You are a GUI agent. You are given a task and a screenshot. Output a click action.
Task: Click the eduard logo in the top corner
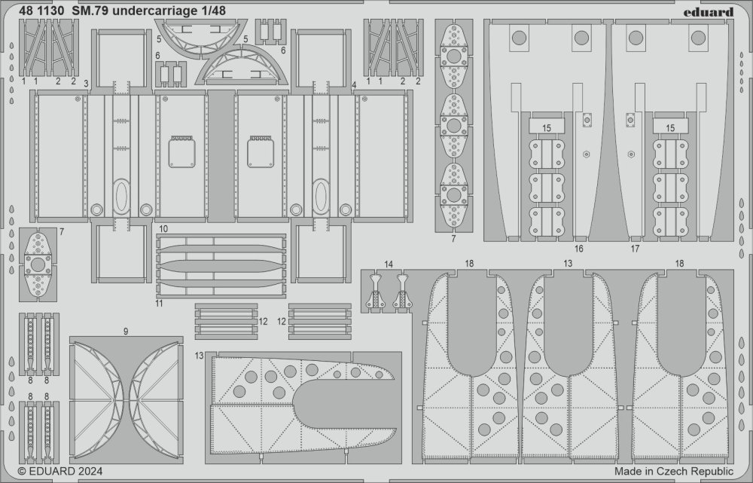pyautogui.click(x=709, y=11)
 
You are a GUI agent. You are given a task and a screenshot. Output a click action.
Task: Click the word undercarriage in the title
pyautogui.click(x=158, y=11)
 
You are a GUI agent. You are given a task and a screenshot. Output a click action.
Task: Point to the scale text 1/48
pyautogui.click(x=217, y=10)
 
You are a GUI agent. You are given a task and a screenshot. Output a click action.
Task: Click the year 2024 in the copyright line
pyautogui.click(x=90, y=472)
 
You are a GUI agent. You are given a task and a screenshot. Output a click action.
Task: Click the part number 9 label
pyautogui.click(x=126, y=332)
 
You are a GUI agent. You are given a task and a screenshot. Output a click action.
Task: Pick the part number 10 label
pyautogui.click(x=163, y=229)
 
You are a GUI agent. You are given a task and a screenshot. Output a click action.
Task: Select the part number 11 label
pyautogui.click(x=159, y=303)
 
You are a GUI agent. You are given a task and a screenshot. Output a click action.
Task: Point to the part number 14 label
pyautogui.click(x=389, y=264)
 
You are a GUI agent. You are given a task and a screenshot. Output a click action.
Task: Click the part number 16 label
pyautogui.click(x=578, y=249)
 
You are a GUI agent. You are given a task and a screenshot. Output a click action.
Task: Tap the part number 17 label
pyautogui.click(x=635, y=249)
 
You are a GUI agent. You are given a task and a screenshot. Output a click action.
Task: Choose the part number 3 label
pyautogui.click(x=86, y=84)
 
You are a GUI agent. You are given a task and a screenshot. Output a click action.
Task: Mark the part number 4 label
pyautogui.click(x=354, y=85)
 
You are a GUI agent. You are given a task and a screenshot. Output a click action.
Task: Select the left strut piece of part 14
pyautogui.click(x=376, y=292)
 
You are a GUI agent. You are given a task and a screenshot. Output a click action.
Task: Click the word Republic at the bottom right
pyautogui.click(x=712, y=471)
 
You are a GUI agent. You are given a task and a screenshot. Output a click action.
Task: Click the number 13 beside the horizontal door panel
pyautogui.click(x=200, y=356)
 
